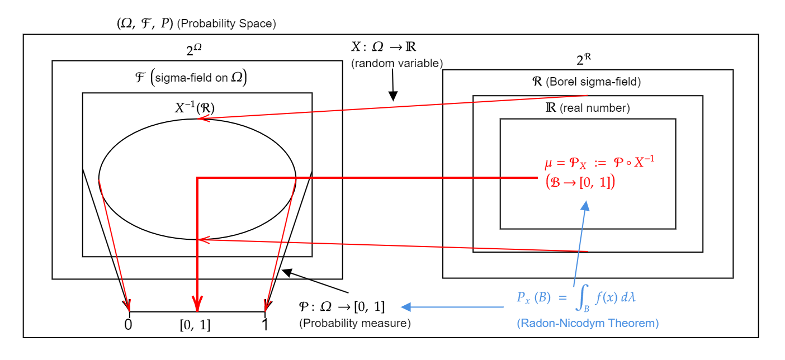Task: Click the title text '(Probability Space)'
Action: (x=226, y=24)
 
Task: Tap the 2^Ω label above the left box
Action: (x=194, y=50)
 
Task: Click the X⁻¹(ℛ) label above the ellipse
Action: (x=195, y=108)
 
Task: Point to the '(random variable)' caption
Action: (x=397, y=63)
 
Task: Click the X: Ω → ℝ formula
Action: (x=384, y=47)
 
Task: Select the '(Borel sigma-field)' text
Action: (x=593, y=82)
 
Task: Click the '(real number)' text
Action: (x=595, y=108)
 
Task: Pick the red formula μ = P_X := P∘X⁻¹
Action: (x=599, y=163)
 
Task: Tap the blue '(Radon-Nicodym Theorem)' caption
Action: (x=588, y=324)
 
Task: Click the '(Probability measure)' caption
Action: (x=355, y=324)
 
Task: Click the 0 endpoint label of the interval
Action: (x=129, y=325)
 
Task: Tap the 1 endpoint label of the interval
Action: (x=265, y=325)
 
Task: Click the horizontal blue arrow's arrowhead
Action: (x=406, y=306)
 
